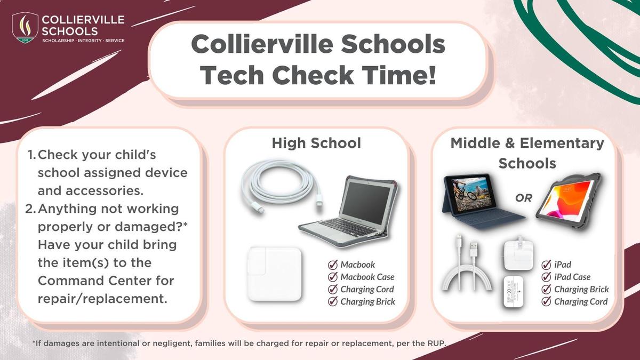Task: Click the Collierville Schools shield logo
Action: pyautogui.click(x=25, y=28)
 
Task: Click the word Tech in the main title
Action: pyautogui.click(x=231, y=75)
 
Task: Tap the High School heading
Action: pyautogui.click(x=316, y=143)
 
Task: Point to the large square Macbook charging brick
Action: pyautogui.click(x=274, y=274)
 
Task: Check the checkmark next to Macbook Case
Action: pyautogui.click(x=333, y=277)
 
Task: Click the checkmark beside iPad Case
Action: pyautogui.click(x=546, y=277)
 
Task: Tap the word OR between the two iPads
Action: pyautogui.click(x=523, y=198)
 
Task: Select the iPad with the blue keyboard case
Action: pyautogui.click(x=482, y=202)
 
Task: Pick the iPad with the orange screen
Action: pyautogui.click(x=568, y=202)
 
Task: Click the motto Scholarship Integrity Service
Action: pyautogui.click(x=83, y=41)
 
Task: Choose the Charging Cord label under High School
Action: pyautogui.click(x=367, y=290)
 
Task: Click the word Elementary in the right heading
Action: pyautogui.click(x=562, y=143)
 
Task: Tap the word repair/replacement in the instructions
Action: pyautogui.click(x=102, y=299)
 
